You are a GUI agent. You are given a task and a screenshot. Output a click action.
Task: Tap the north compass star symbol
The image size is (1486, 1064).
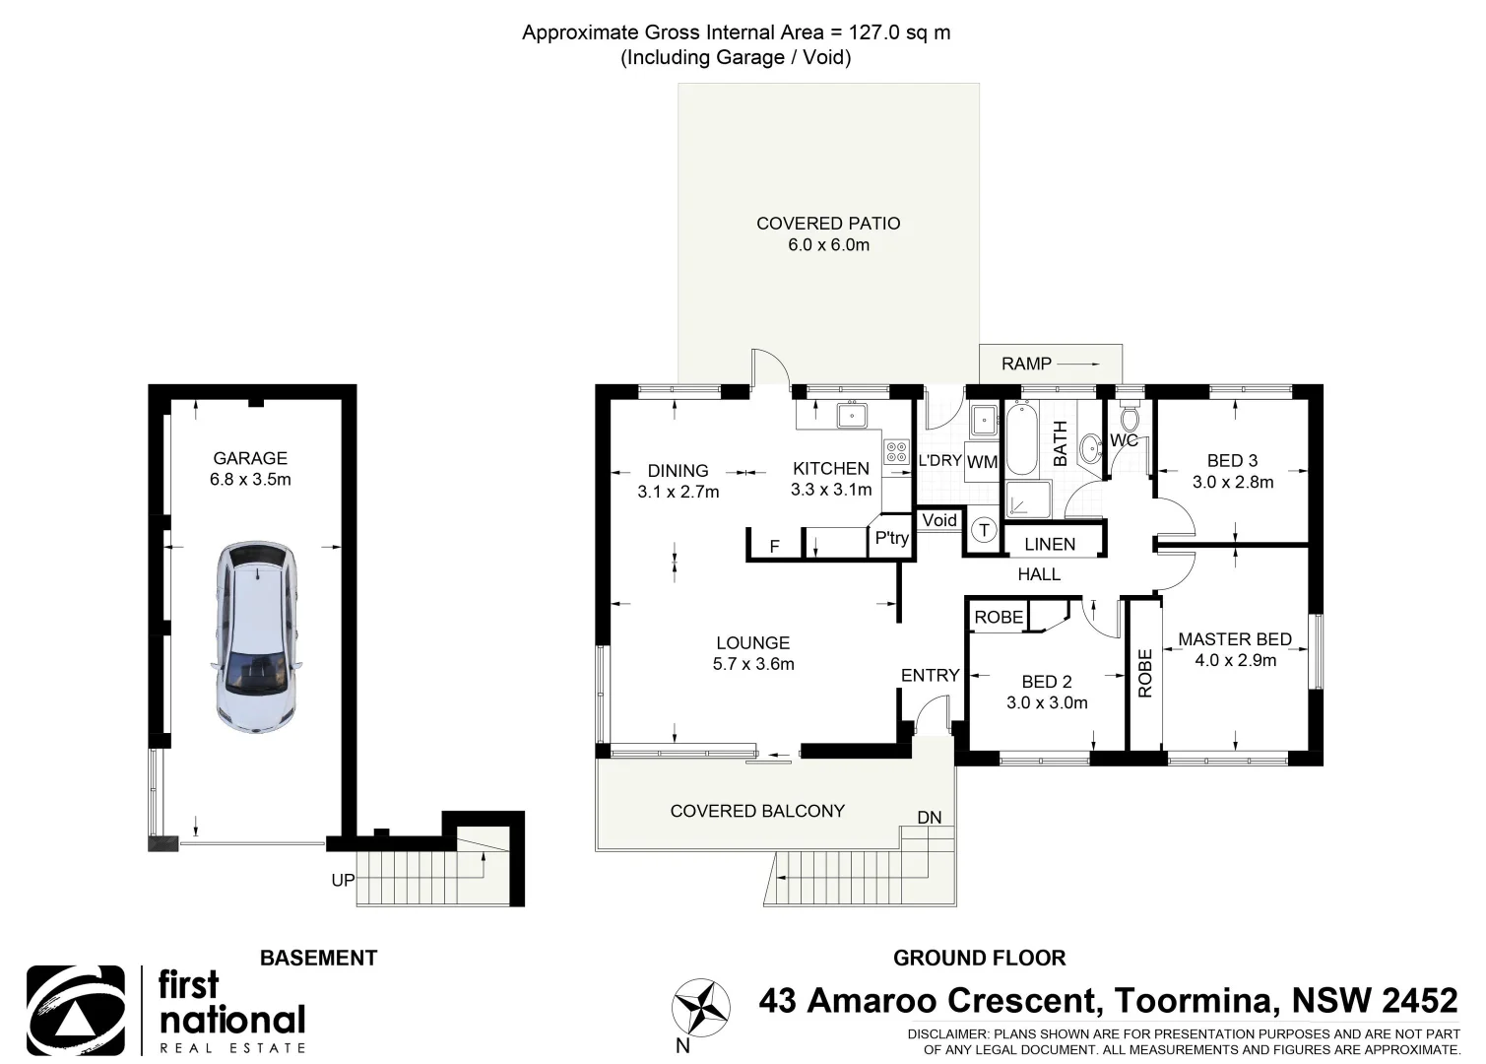coord(700,1008)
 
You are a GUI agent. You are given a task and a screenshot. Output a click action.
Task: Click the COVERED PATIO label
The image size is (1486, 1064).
coord(827,224)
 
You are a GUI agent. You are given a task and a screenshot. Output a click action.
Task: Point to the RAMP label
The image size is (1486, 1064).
coord(1026,364)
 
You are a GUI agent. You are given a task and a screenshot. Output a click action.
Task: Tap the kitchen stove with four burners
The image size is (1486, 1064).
coord(896,452)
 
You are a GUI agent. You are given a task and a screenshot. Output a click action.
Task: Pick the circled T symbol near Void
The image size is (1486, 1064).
coord(984,531)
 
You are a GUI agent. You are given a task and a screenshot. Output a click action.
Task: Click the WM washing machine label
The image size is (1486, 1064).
coord(982,462)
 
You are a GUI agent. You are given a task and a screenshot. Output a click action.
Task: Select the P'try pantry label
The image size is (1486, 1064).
coord(891,538)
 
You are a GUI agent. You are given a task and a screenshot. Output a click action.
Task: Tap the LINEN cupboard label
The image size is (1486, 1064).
coord(1050,544)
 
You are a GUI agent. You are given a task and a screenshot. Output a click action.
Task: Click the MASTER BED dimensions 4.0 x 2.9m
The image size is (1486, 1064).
coord(1235,661)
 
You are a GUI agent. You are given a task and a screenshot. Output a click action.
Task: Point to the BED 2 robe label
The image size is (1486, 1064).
coord(999,618)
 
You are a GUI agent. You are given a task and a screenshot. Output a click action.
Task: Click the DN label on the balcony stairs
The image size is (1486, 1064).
coord(929,818)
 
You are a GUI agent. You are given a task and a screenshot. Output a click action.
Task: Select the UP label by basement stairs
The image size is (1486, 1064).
coord(342,880)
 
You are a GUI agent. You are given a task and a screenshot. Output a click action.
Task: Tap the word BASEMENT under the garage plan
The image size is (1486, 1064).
coord(318,958)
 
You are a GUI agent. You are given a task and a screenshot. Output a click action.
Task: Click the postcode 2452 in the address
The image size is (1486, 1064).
coord(1419,1001)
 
